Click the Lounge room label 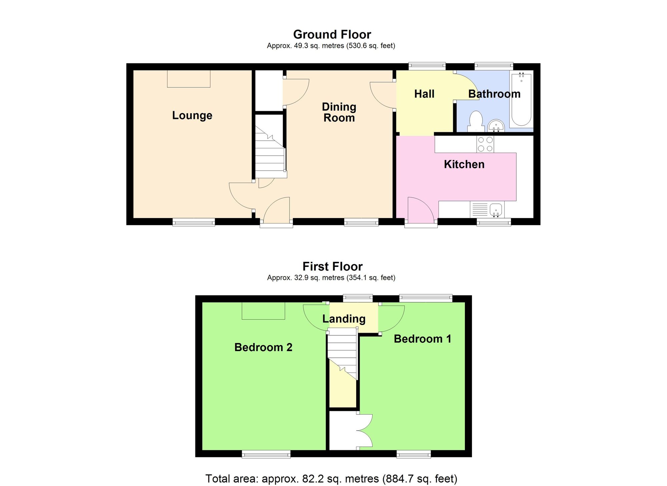click(192, 115)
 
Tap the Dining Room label click(339, 112)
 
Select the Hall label click(424, 94)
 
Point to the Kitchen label click(464, 164)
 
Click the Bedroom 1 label click(422, 339)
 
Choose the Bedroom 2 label click(263, 347)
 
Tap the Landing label click(344, 319)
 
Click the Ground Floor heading click(332, 34)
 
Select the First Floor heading click(332, 267)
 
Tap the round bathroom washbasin click(496, 126)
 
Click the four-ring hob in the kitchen click(485, 144)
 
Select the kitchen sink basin click(496, 210)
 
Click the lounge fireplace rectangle click(188, 79)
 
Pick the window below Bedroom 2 click(266, 454)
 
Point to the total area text click(331, 479)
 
